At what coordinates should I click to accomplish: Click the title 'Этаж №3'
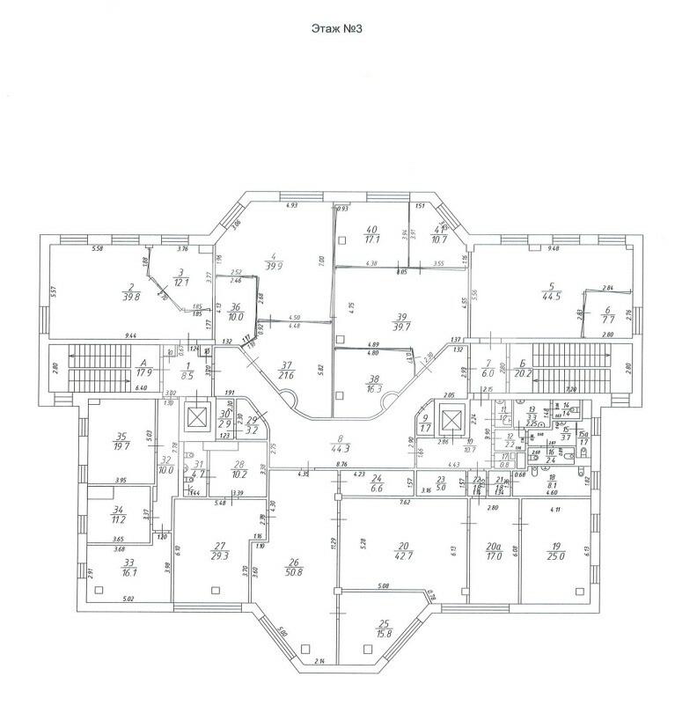point(337,28)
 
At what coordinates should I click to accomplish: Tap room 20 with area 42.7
point(403,550)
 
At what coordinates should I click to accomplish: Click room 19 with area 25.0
point(554,550)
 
